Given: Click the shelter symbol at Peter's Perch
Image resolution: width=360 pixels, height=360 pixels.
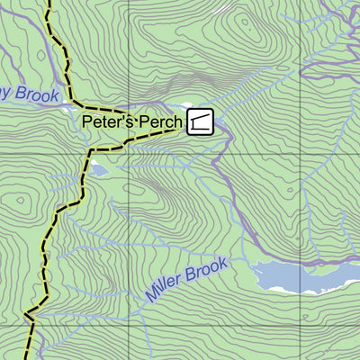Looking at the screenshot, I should point(201,121).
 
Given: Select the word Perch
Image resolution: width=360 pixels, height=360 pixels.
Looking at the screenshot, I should point(159,121).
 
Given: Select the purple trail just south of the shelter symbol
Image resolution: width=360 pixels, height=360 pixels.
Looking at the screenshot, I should point(216,148).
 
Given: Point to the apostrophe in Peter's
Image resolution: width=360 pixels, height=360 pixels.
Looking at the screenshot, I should point(120,116).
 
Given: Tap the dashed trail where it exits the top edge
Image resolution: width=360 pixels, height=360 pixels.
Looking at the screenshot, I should point(48,3).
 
